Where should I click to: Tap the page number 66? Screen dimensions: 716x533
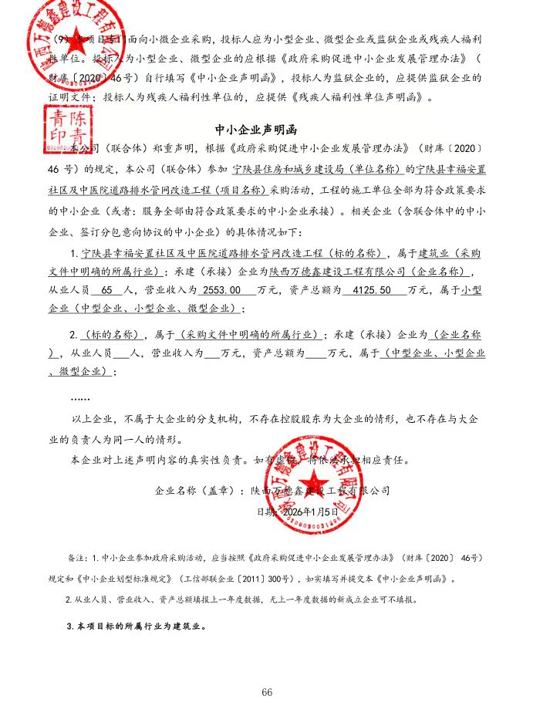tap(267, 692)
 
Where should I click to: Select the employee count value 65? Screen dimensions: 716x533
tap(106, 291)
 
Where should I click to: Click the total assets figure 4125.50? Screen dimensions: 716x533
tap(366, 291)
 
